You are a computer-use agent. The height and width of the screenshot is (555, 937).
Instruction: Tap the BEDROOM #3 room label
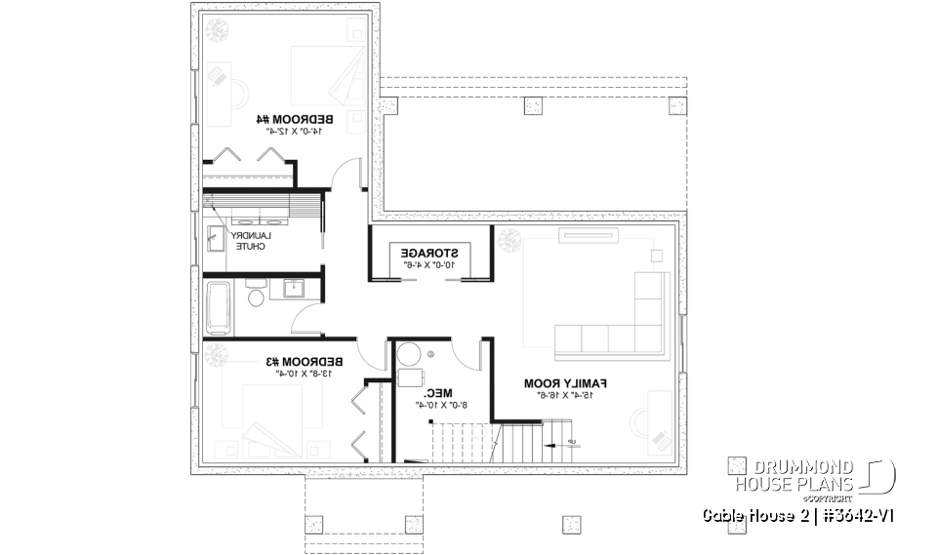tap(305, 361)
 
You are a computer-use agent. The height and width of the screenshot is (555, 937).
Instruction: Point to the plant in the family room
tap(509, 240)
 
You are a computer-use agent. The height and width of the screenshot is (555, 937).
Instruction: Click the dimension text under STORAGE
tap(429, 263)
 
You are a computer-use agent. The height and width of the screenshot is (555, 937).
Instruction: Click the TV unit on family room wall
tap(590, 234)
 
